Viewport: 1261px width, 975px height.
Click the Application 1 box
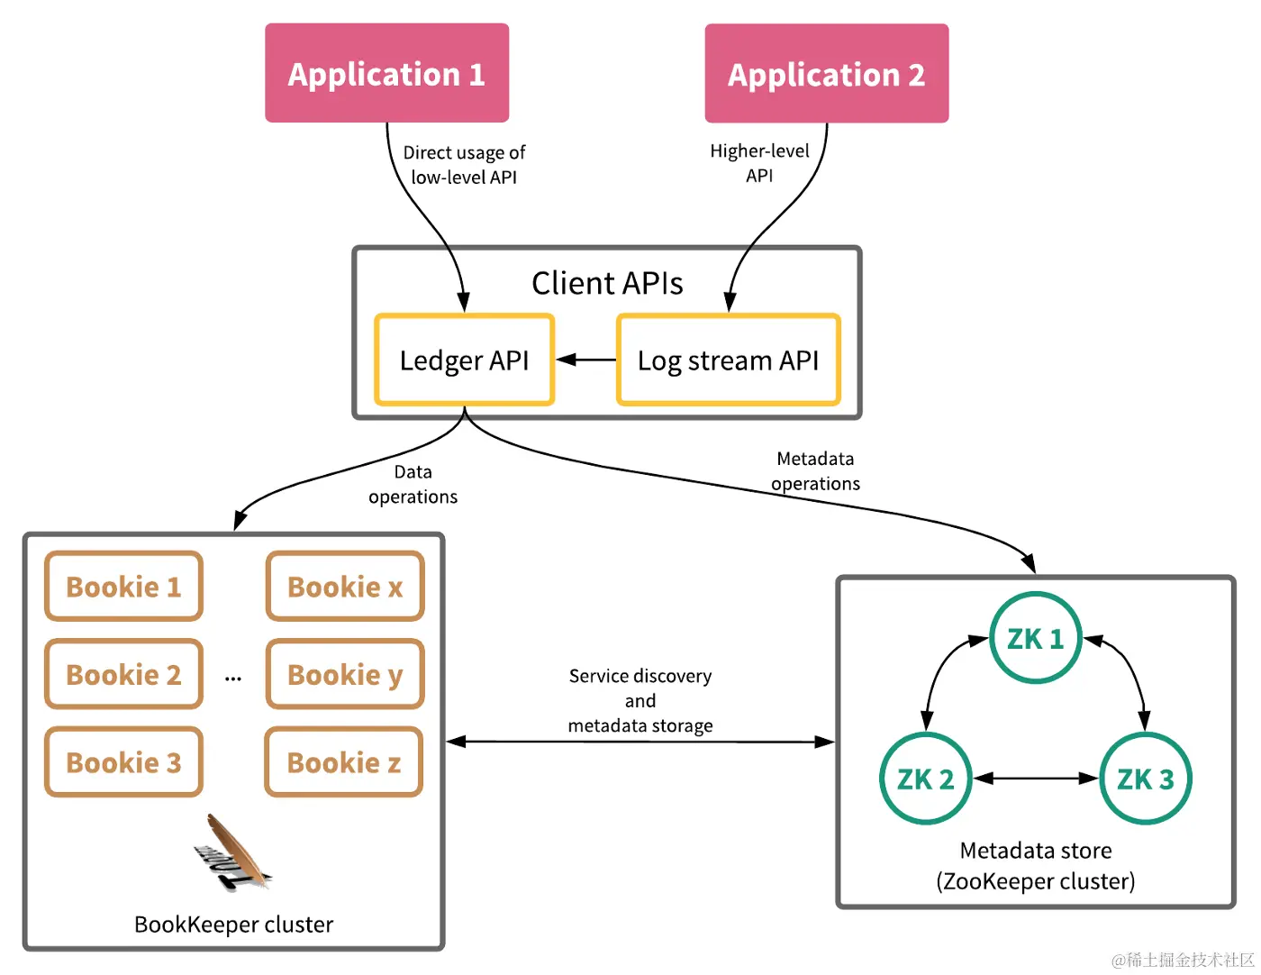tap(386, 73)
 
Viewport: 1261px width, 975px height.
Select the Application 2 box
tap(826, 74)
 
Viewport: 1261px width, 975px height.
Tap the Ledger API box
tap(464, 360)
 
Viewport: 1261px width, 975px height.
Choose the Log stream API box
tap(728, 360)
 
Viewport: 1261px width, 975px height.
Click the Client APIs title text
tap(607, 283)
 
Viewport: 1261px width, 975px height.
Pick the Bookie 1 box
tap(123, 587)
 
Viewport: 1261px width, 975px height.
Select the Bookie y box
tap(345, 674)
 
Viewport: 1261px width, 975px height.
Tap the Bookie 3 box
tap(123, 762)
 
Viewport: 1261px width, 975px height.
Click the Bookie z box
tap(344, 762)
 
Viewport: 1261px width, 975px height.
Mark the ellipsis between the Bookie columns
tap(233, 678)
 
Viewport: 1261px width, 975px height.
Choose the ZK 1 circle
tap(1035, 639)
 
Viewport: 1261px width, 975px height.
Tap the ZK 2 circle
tap(925, 779)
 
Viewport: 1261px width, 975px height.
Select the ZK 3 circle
tap(1145, 779)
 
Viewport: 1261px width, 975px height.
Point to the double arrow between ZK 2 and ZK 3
tap(1035, 779)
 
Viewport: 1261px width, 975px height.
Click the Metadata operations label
tap(815, 471)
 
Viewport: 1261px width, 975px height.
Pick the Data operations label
tap(413, 484)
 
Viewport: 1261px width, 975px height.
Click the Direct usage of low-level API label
tap(464, 165)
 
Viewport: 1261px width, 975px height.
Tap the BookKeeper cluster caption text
tap(233, 925)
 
